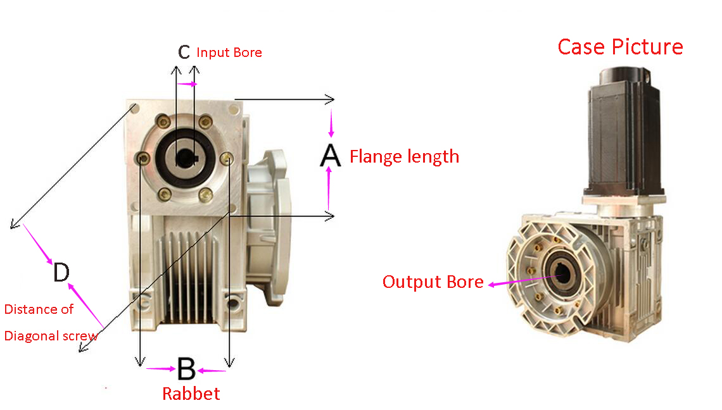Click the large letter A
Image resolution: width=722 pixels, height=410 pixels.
tap(330, 156)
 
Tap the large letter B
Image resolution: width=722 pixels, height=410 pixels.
tap(186, 369)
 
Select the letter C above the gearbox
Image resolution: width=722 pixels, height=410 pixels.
tap(184, 52)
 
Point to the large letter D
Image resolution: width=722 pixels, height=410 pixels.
tap(61, 273)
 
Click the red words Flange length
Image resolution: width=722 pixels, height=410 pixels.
tap(404, 156)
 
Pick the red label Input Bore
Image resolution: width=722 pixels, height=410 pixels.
tap(229, 53)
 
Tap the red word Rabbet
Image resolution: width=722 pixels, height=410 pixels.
tap(191, 394)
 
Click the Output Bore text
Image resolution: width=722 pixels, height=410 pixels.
tap(433, 282)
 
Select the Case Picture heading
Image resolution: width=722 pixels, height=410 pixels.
tap(620, 47)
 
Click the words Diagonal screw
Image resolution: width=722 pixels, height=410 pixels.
tap(51, 335)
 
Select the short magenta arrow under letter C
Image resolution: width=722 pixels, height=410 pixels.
tap(187, 84)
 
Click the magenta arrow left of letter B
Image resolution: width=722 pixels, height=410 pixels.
tap(160, 368)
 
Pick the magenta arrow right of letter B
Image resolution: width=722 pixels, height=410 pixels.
tap(212, 370)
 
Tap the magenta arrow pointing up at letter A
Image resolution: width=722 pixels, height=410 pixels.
tap(328, 188)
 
